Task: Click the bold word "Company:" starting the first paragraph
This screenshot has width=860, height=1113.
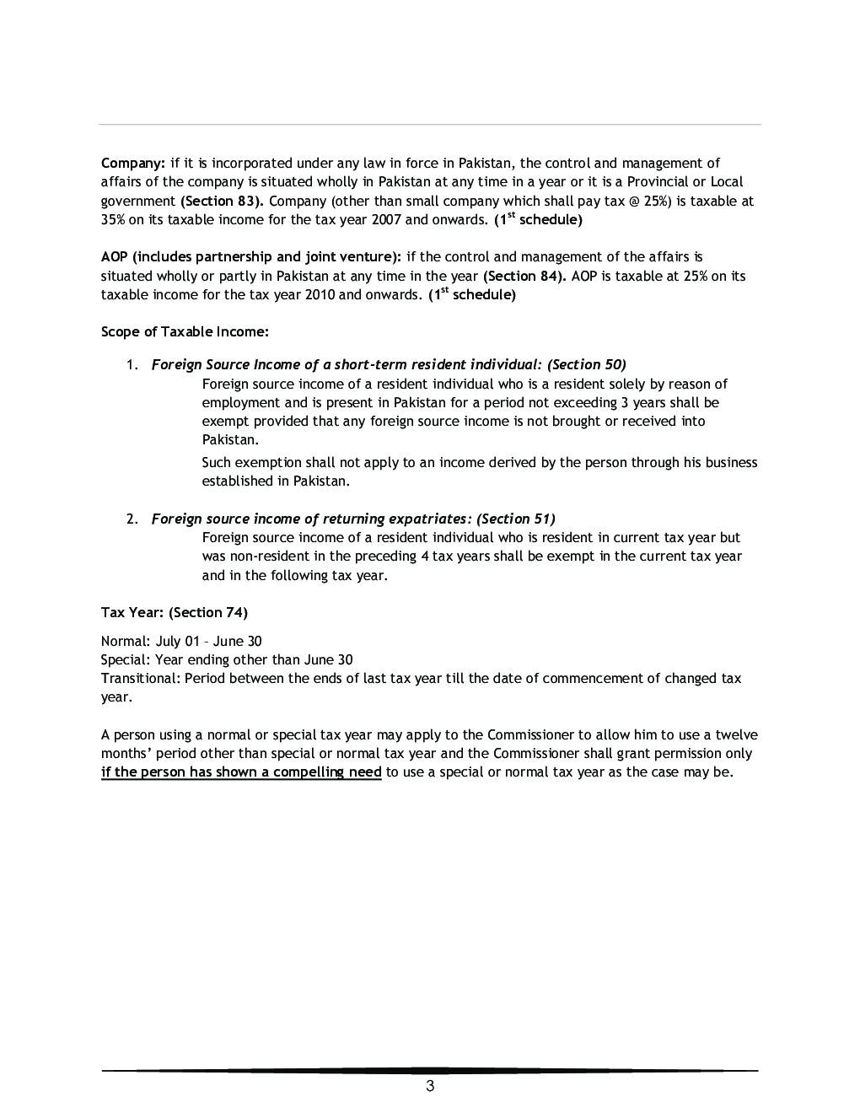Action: (133, 163)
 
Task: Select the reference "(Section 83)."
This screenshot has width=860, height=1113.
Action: (223, 201)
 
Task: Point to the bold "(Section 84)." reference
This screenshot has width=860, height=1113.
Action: (524, 276)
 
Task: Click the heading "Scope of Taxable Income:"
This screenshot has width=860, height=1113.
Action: (185, 331)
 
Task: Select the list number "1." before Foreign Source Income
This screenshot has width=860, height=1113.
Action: (132, 365)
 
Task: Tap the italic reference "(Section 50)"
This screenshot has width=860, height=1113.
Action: (587, 364)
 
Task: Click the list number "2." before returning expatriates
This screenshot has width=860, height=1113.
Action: (132, 519)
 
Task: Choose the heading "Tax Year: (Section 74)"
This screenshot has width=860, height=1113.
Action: (175, 612)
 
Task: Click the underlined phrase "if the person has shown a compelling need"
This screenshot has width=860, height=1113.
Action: (241, 772)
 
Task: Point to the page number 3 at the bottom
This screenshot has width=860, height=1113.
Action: (430, 1086)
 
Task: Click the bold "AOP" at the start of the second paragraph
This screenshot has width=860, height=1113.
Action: (115, 257)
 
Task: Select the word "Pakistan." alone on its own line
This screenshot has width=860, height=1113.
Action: (230, 439)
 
